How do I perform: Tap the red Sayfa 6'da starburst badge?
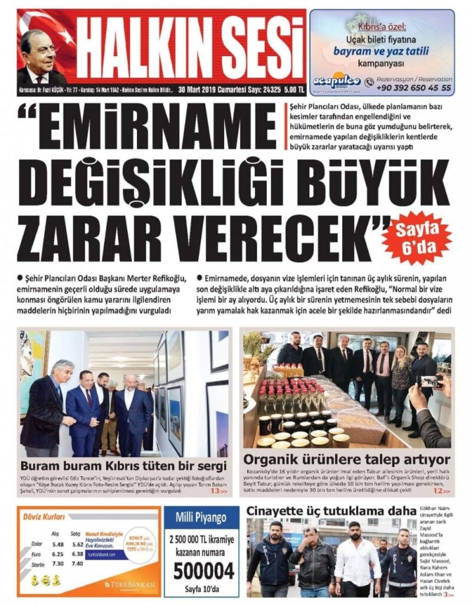click(416, 238)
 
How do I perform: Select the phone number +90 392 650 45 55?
click(417, 88)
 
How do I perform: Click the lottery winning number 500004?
click(201, 570)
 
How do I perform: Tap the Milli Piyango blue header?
click(201, 518)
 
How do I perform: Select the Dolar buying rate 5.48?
click(57, 544)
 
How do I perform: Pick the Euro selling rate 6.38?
click(77, 554)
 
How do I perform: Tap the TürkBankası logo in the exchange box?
click(130, 584)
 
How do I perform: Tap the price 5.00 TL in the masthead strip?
click(293, 90)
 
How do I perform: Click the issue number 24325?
click(268, 90)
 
